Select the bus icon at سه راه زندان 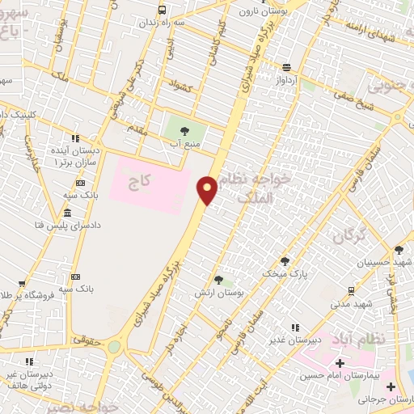click(163, 11)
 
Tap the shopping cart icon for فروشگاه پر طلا click(22, 284)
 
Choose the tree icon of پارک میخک click(285, 260)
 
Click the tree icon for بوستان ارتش click(218, 280)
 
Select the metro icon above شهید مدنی click(351, 290)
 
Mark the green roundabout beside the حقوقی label click(114, 346)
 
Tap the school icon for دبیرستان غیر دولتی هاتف click(30, 361)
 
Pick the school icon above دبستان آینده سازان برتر click(75, 137)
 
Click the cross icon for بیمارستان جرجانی click(395, 387)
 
